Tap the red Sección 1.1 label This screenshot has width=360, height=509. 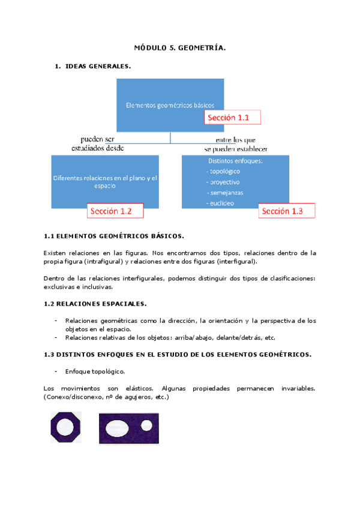[233, 118]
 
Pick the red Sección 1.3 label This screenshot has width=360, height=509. [287, 211]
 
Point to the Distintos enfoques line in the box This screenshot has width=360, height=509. [230, 161]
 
